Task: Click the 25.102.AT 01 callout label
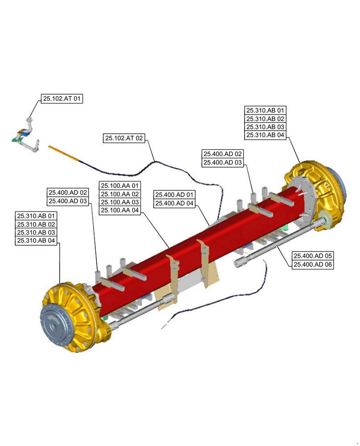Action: click(62, 99)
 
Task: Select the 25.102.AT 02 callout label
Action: click(124, 138)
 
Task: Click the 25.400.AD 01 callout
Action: click(174, 195)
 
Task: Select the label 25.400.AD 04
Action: click(174, 203)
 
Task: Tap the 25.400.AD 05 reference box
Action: click(312, 256)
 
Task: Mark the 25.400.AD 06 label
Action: click(312, 264)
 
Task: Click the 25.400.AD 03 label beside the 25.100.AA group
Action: click(68, 201)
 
